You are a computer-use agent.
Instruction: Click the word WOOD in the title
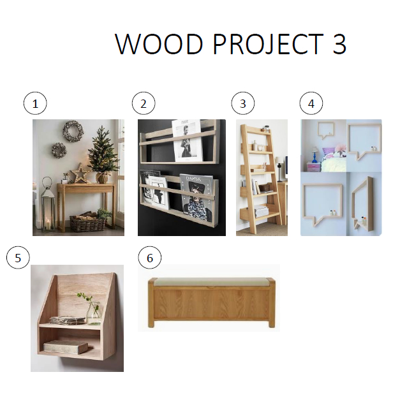click(159, 44)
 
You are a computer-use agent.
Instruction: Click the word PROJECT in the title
click(269, 44)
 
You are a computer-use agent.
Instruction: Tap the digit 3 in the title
click(339, 44)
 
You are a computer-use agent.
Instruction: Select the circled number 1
click(35, 103)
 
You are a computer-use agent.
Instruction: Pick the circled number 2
click(144, 103)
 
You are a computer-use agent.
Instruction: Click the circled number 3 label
click(243, 103)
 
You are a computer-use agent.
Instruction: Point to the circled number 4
click(311, 103)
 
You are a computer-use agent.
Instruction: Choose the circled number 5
click(18, 258)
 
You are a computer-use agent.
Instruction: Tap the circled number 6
click(150, 258)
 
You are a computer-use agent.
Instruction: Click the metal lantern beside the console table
click(48, 205)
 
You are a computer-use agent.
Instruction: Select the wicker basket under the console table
click(87, 221)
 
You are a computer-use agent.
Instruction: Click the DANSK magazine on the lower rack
click(195, 197)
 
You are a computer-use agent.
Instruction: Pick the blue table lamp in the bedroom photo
click(314, 155)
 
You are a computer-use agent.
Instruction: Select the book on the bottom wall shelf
click(66, 346)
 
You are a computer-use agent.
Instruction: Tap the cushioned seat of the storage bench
click(211, 282)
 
